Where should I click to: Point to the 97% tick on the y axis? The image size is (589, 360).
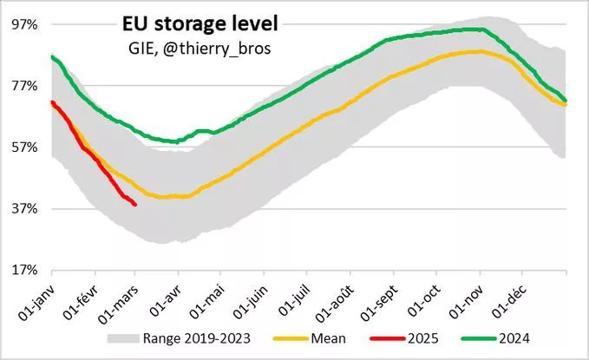[24, 24]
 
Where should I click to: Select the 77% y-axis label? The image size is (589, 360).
[24, 86]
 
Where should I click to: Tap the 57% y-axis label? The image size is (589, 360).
[24, 147]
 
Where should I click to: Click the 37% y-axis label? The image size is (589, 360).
[24, 209]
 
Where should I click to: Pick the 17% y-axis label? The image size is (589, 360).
[24, 271]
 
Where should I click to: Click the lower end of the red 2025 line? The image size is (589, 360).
[134, 205]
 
